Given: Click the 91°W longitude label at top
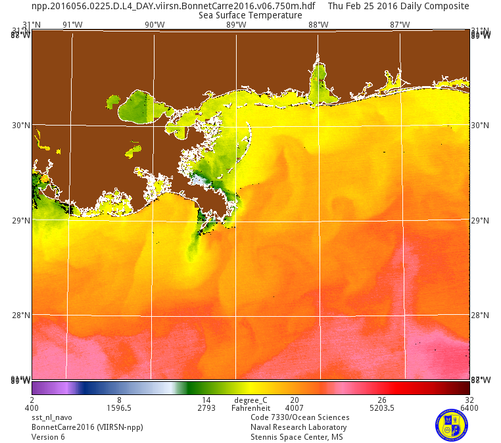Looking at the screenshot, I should click(72, 25).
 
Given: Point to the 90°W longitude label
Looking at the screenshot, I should click(155, 25).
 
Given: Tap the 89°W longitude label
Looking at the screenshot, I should click(236, 25).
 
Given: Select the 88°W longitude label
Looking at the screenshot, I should click(318, 25).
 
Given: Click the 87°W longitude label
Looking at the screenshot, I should click(400, 25).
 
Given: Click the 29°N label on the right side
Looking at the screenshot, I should click(481, 221).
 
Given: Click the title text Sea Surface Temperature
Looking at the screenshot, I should click(250, 15).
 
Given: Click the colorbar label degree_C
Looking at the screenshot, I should click(251, 400).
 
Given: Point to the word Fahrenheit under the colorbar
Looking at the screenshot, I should click(251, 408).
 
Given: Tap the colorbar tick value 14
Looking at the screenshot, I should click(206, 400).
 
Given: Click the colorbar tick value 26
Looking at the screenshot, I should click(382, 400).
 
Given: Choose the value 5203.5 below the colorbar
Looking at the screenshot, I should click(382, 408).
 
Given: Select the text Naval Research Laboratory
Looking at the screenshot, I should click(298, 427).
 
